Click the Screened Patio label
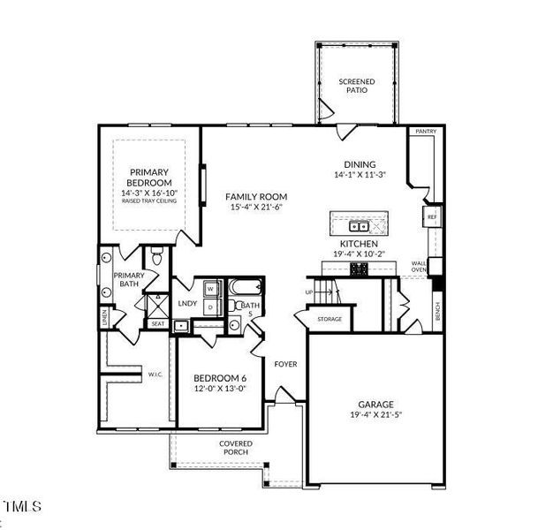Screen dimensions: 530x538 [357, 86]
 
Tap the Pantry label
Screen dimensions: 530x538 [426, 132]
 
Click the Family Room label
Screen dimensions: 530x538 [256, 197]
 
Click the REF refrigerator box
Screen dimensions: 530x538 [432, 216]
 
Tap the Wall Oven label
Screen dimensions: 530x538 [420, 267]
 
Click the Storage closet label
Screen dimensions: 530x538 [330, 319]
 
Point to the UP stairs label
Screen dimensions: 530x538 [309, 291]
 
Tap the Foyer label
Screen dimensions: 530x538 [284, 363]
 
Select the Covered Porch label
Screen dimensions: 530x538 [236, 447]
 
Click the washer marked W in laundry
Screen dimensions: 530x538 [210, 288]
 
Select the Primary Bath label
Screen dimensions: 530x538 [129, 280]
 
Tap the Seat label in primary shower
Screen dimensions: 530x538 [157, 323]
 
